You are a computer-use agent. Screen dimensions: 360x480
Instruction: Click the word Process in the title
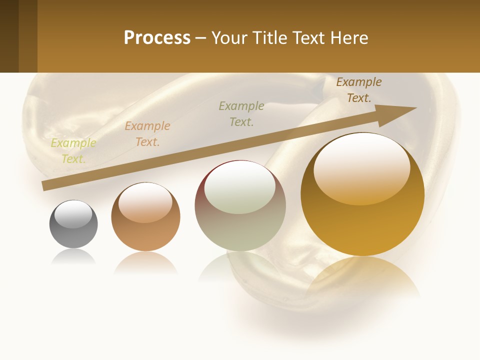coord(157,38)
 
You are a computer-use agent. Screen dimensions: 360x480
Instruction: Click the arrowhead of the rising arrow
coord(400,113)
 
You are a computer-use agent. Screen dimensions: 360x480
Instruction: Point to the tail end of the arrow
coord(46,185)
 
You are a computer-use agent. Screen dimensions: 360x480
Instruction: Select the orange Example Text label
coord(147,134)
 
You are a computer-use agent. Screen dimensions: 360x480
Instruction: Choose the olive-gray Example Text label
coord(241,114)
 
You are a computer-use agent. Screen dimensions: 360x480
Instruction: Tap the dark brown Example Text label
coord(358,90)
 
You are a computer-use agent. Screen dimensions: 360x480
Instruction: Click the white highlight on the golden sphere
coord(361,167)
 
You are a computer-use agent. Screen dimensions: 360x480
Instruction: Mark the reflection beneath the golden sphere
coord(362,280)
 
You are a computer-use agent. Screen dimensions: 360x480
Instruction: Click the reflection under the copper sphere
coord(145,263)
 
